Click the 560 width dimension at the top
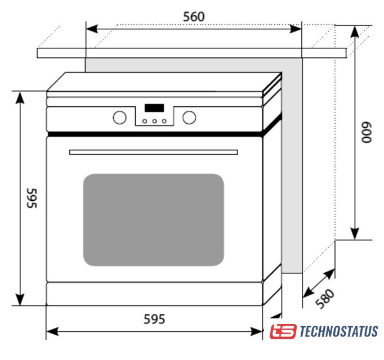pyautogui.click(x=194, y=17)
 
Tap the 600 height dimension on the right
pyautogui.click(x=367, y=132)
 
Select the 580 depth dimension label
pyautogui.click(x=325, y=299)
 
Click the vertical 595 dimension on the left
pyautogui.click(x=32, y=198)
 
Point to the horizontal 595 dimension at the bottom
pyautogui.click(x=154, y=319)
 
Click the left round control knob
pyautogui.click(x=119, y=118)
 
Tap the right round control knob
pyautogui.click(x=189, y=118)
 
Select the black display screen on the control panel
pyautogui.click(x=154, y=108)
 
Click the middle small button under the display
pyautogui.click(x=154, y=121)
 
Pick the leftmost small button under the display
pyautogui.click(x=145, y=121)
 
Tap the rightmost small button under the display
pyautogui.click(x=164, y=121)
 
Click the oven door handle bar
pyautogui.click(x=154, y=152)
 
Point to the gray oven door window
pyautogui.click(x=154, y=220)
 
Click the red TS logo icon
pyautogui.click(x=283, y=331)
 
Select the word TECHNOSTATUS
pyautogui.click(x=339, y=331)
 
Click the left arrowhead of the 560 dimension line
pyautogui.click(x=92, y=29)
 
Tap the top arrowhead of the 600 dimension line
pyautogui.click(x=355, y=31)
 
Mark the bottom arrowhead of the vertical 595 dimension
pyautogui.click(x=20, y=299)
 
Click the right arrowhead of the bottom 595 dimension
pyautogui.click(x=256, y=332)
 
